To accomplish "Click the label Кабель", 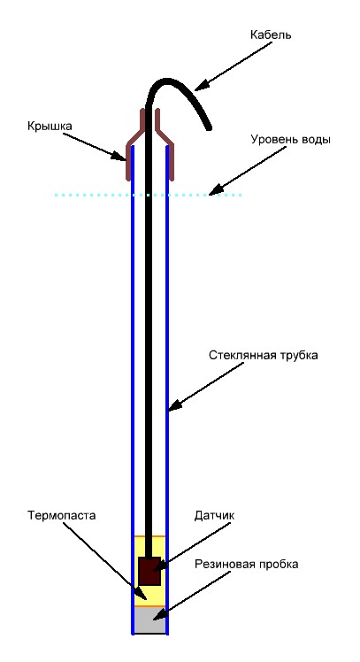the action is point(271,35).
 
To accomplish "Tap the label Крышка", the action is point(50,126).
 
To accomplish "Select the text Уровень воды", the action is point(290,140).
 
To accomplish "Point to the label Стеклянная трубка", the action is point(264,356).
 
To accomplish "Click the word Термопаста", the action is point(62,515).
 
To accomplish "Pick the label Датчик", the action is point(214,515).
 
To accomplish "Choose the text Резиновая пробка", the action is point(247,564).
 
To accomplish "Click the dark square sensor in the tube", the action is point(149,571).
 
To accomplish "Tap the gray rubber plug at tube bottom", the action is point(149,620).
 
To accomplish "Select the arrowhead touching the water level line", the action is point(214,191).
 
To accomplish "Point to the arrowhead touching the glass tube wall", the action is point(174,405).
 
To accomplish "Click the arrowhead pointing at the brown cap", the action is point(119,156).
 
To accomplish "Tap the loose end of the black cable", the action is point(208,127).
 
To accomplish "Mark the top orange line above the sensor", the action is point(149,535).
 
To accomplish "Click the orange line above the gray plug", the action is point(149,606).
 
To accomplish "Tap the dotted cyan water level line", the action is point(148,195).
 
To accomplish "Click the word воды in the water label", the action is point(315,140).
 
